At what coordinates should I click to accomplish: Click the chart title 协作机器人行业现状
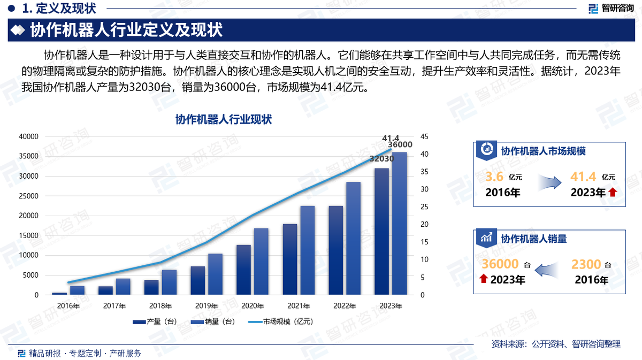coord(224,119)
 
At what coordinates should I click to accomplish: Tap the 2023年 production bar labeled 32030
coord(381,231)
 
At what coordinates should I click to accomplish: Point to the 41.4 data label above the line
coord(391,139)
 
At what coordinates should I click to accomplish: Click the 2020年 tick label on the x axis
coord(252,306)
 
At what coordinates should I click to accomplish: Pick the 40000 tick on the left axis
coord(28,136)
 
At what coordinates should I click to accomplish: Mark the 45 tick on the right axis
coord(424,136)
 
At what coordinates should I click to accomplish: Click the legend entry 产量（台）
coord(154,321)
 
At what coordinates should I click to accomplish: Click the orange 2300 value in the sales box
coord(586,264)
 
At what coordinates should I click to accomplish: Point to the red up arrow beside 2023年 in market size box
coord(613,193)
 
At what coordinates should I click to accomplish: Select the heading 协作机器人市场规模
coord(543,151)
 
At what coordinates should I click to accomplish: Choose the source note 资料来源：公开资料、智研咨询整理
coord(556,344)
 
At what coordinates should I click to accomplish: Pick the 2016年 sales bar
coord(77,290)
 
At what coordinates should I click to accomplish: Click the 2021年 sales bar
coord(308,250)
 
